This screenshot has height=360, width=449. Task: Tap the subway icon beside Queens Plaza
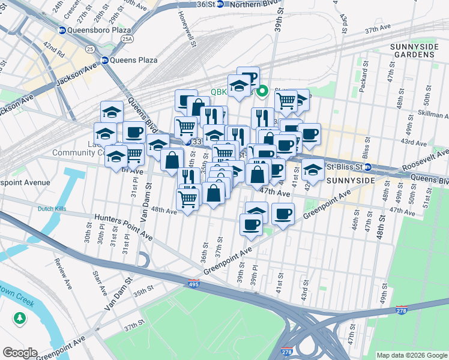[x=105, y=60]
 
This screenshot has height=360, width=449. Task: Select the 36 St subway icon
[x=220, y=4]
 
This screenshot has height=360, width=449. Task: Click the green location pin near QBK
[x=262, y=92]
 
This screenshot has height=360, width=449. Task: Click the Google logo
[x=20, y=353]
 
